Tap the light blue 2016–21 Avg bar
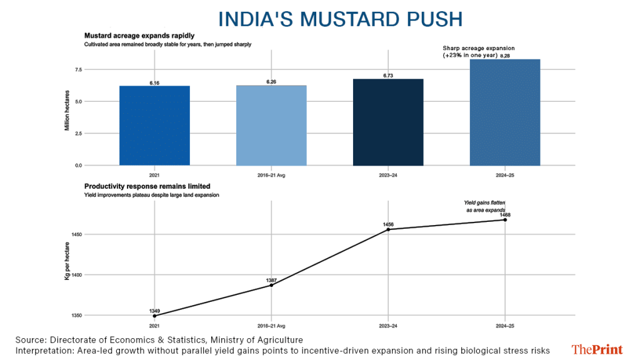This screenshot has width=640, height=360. [271, 125]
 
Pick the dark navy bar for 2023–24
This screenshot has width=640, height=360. [388, 122]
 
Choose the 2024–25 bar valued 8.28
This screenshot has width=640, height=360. [505, 112]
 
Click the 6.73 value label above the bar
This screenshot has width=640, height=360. [388, 76]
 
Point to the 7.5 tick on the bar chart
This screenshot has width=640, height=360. [77, 69]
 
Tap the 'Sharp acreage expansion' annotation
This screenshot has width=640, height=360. [479, 48]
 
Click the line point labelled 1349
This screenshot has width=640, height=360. [154, 316]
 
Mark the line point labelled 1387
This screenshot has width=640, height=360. [271, 285]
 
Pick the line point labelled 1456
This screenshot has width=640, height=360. [388, 229]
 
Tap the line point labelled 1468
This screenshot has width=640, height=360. [505, 220]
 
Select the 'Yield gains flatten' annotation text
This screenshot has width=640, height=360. [484, 202]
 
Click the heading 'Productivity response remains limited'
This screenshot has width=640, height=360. [147, 186]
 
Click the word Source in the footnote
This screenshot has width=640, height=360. [29, 339]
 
